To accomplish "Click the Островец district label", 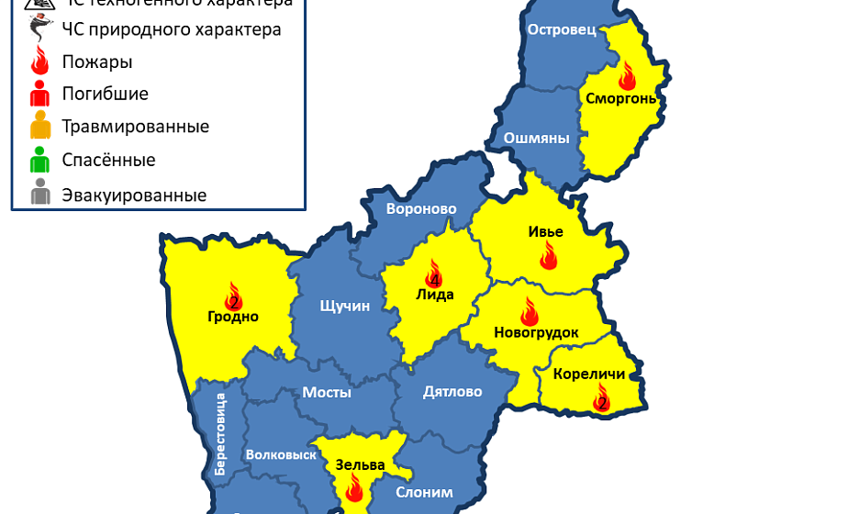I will pyautogui.click(x=562, y=30).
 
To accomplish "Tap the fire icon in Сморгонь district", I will pyautogui.click(x=628, y=74).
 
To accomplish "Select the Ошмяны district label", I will pyautogui.click(x=537, y=139).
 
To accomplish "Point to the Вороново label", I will pyautogui.click(x=421, y=209).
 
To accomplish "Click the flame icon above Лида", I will pyautogui.click(x=433, y=273).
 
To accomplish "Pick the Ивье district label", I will pyautogui.click(x=545, y=231).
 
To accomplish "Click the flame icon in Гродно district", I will pyautogui.click(x=233, y=296).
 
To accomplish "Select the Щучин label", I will pyautogui.click(x=344, y=306).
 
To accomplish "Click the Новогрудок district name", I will pyautogui.click(x=536, y=332).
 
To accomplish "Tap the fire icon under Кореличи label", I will pyautogui.click(x=602, y=397).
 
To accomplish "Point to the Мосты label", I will pyautogui.click(x=327, y=392).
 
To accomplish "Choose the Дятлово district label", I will pyautogui.click(x=452, y=392).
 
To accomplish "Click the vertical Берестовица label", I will pyautogui.click(x=220, y=433).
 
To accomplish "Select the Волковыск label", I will pyautogui.click(x=281, y=454).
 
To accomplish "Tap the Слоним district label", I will pyautogui.click(x=424, y=492).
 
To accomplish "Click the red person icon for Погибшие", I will pyautogui.click(x=39, y=94).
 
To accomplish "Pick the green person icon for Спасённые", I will pyautogui.click(x=39, y=161).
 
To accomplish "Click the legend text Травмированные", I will pyautogui.click(x=135, y=127).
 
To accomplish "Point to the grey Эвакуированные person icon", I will pyautogui.click(x=39, y=195).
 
